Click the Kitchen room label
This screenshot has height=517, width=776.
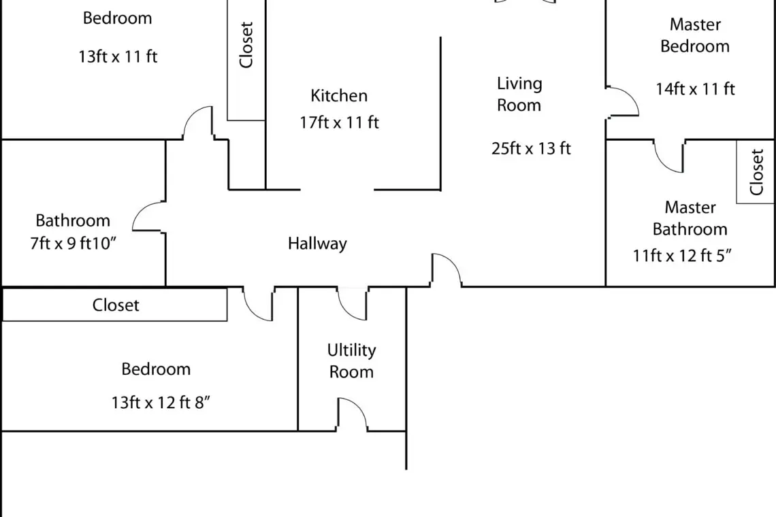click(x=339, y=95)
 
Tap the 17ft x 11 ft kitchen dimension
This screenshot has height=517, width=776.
click(x=339, y=122)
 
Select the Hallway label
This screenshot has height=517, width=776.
click(x=317, y=244)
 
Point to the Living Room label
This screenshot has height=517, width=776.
click(x=519, y=94)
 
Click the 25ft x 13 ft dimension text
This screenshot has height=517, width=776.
click(x=531, y=148)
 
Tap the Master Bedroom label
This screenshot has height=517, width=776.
click(x=695, y=35)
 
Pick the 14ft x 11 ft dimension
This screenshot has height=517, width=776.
click(x=695, y=89)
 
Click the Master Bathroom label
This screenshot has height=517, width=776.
click(x=690, y=218)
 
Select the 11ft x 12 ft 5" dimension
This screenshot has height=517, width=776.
click(x=682, y=256)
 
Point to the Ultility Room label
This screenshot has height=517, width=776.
click(x=351, y=361)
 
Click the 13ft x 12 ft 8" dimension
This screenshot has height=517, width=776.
click(x=161, y=403)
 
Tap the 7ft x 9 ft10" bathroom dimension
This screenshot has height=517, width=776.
click(x=74, y=244)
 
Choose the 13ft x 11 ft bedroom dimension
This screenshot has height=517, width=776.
click(x=118, y=56)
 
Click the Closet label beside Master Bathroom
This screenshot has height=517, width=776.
click(x=756, y=171)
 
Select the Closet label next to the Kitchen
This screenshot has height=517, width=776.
click(x=246, y=44)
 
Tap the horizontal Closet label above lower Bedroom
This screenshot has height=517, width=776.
click(x=116, y=305)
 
